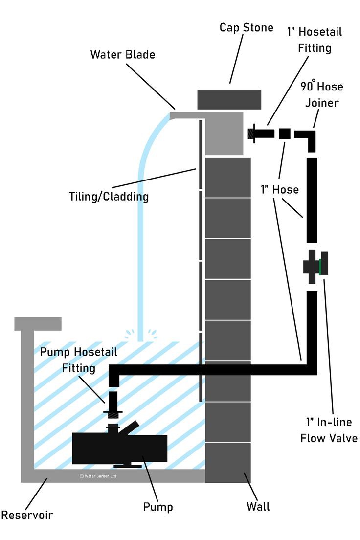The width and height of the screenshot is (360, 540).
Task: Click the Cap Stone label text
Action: [246, 27]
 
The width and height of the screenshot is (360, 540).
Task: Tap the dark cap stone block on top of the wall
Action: [229, 99]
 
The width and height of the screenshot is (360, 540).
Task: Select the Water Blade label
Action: [122, 54]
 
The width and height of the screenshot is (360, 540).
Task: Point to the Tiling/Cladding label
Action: [109, 197]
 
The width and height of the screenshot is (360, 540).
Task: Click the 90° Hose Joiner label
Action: [321, 94]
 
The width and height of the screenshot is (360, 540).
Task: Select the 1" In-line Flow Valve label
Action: [328, 430]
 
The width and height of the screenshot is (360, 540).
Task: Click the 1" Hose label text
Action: [279, 189]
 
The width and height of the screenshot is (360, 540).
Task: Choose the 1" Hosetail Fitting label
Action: [314, 40]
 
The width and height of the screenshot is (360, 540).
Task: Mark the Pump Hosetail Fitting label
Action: [78, 360]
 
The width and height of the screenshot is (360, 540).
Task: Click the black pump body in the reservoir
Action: [119, 448]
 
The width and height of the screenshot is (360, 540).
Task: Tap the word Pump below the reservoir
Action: [157, 507]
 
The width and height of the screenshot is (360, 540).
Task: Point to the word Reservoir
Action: [26, 515]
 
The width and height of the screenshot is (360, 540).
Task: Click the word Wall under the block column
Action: [258, 506]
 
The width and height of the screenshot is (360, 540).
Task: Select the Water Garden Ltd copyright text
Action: [98, 476]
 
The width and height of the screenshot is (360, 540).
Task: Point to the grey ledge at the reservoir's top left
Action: [38, 323]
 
